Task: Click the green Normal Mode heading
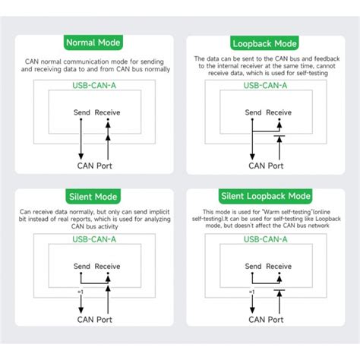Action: (95, 43)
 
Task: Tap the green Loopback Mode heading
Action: (265, 43)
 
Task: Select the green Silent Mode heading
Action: (95, 196)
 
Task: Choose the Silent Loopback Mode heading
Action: (265, 196)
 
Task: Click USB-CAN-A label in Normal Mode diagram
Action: (95, 86)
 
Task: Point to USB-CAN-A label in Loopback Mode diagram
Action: (265, 86)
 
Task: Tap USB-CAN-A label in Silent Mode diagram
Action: (95, 240)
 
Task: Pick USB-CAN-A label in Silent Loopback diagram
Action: (265, 240)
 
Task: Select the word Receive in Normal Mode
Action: (108, 112)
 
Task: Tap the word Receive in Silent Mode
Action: (108, 267)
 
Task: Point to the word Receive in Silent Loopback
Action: (278, 267)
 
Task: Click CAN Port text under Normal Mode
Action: (95, 165)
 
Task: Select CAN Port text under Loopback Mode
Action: (265, 165)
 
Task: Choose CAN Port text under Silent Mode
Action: (95, 319)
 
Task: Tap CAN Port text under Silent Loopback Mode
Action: (265, 319)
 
